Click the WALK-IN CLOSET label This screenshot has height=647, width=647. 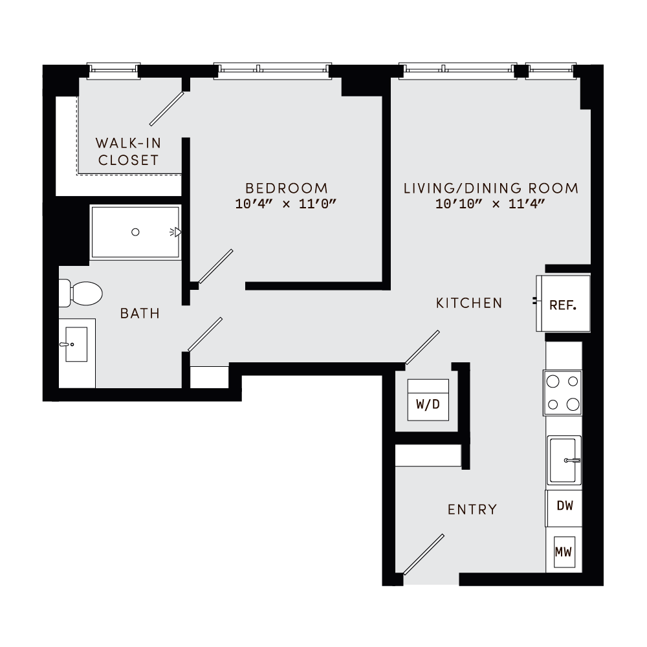point(127,151)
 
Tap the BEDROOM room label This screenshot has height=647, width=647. point(287,188)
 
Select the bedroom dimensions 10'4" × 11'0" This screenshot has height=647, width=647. point(287,204)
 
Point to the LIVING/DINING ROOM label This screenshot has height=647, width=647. point(490,188)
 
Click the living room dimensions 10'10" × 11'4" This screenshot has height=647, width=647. point(490,204)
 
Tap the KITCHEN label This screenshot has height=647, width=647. point(469,303)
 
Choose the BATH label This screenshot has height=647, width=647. point(140,314)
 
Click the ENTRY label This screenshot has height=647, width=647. point(472,510)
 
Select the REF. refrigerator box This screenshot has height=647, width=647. point(562,304)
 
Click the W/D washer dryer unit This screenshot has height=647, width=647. point(428,405)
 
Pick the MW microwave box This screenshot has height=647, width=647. point(564,553)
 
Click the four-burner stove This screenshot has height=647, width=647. point(562,393)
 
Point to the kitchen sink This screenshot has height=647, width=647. point(564,460)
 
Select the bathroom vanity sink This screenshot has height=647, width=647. point(76,345)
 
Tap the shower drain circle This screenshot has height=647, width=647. point(135,232)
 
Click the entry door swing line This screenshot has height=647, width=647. point(424,554)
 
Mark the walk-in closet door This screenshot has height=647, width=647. point(168,108)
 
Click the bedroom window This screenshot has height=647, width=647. point(272,68)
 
